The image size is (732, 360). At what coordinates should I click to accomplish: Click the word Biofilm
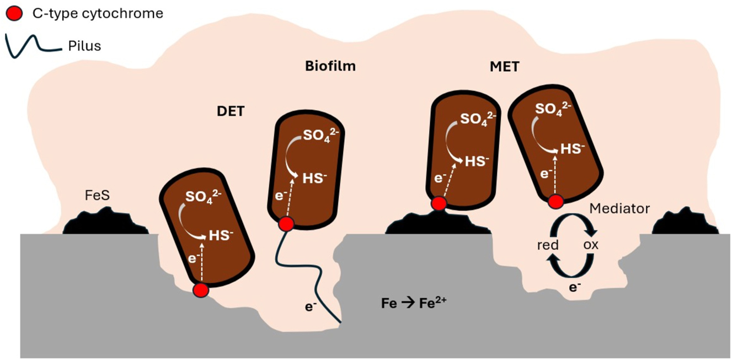[x=330, y=67]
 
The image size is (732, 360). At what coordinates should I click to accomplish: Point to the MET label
[x=504, y=67]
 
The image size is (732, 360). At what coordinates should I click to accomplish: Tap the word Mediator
[x=619, y=209]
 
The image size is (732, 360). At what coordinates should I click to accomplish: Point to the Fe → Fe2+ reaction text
[x=413, y=303]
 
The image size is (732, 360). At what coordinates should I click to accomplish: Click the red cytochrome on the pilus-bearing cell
[x=286, y=224]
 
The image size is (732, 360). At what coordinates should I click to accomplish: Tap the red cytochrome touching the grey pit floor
[x=201, y=290]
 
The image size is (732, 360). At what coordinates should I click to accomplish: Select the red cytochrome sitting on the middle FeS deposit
[x=439, y=204]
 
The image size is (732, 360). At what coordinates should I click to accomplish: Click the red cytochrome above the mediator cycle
[x=555, y=202]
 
